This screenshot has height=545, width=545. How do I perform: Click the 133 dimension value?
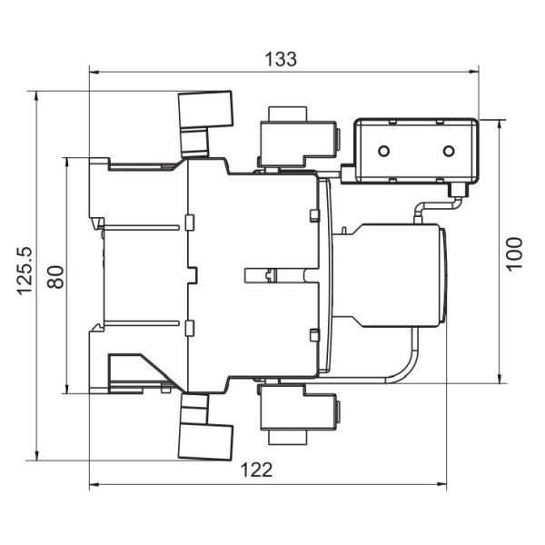pyautogui.click(x=281, y=59)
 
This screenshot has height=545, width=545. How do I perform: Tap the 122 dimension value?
pyautogui.click(x=256, y=470)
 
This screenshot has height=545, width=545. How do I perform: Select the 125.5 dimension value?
pyautogui.click(x=25, y=271)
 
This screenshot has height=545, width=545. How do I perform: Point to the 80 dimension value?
pyautogui.click(x=55, y=277)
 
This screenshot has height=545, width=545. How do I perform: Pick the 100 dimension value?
pyautogui.click(x=514, y=254)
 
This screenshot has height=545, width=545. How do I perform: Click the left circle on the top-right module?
pyautogui.click(x=383, y=151)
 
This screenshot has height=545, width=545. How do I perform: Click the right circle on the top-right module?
pyautogui.click(x=449, y=151)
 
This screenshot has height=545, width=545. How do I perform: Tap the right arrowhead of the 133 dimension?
pyautogui.click(x=474, y=72)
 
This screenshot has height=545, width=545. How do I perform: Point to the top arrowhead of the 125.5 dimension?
pyautogui.click(x=35, y=96)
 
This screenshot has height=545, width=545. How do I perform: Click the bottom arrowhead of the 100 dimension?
pyautogui.click(x=500, y=379)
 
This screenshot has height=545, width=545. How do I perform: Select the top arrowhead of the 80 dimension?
pyautogui.click(x=66, y=163)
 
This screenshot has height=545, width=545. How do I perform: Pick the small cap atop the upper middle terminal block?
pyautogui.click(x=288, y=114)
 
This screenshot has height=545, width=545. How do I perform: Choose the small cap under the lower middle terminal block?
pyautogui.click(x=288, y=437)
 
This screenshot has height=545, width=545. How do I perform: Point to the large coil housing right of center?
pyautogui.click(x=400, y=275)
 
